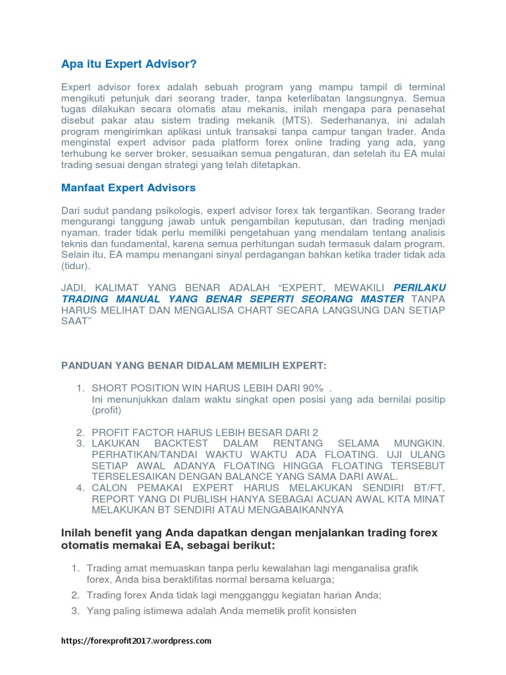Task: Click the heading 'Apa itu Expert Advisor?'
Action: (x=129, y=64)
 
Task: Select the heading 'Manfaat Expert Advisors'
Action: (x=128, y=188)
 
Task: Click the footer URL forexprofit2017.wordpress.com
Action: (x=136, y=640)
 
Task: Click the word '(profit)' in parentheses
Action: (x=107, y=410)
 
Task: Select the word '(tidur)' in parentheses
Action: (x=75, y=266)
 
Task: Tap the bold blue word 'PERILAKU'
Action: (x=419, y=287)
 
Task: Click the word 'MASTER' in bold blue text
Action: (x=378, y=299)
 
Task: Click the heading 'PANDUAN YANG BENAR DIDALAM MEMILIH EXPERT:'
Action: (x=194, y=366)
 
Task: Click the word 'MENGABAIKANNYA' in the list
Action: (x=289, y=510)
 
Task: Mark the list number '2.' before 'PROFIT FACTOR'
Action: (x=80, y=432)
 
